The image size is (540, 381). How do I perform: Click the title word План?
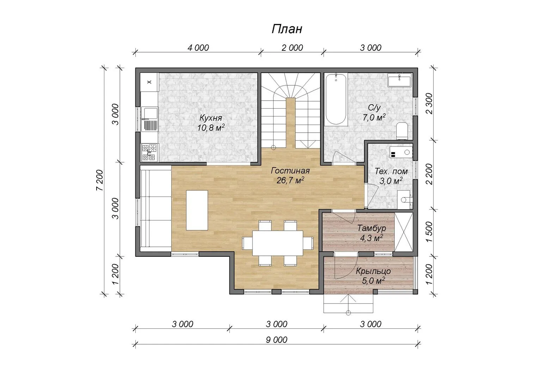(x=287, y=29)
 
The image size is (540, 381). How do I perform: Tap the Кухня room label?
(x=211, y=118)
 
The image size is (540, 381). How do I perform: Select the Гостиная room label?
(x=290, y=171)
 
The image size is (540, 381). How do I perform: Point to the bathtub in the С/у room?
(x=336, y=99)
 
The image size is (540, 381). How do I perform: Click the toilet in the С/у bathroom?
(x=402, y=131)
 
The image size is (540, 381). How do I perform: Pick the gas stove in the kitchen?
(x=149, y=152)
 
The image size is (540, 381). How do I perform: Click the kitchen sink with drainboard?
(x=150, y=120)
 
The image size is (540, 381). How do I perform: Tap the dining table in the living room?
(x=278, y=243)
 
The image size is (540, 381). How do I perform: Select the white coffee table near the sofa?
(x=197, y=210)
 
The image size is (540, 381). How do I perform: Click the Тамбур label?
(x=372, y=228)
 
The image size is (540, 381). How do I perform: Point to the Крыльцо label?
(x=373, y=271)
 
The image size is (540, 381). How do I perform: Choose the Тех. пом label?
(x=391, y=171)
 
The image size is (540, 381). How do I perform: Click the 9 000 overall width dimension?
(x=276, y=340)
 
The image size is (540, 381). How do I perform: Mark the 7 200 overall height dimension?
(x=99, y=180)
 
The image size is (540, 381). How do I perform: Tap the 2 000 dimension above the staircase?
(x=292, y=48)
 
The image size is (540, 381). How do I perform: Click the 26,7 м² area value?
(x=290, y=180)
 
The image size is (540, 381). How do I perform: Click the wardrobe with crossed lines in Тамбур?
(x=404, y=232)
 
